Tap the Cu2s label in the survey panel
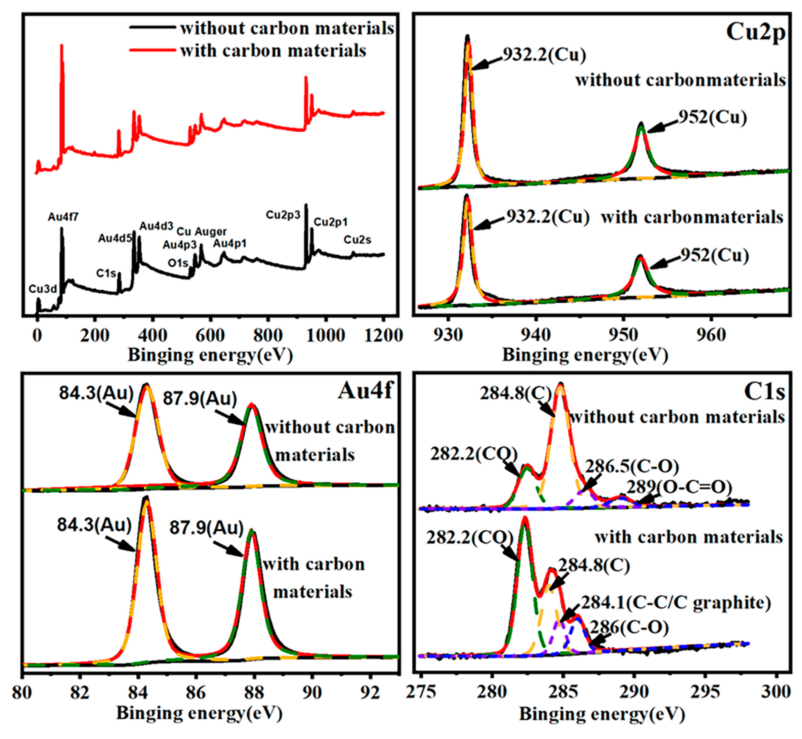pyautogui.click(x=357, y=240)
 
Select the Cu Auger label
pyautogui.click(x=201, y=231)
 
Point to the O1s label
pyautogui.click(x=178, y=263)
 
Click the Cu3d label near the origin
pyautogui.click(x=43, y=289)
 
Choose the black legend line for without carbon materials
pyautogui.click(x=152, y=28)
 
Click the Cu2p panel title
pyautogui.click(x=755, y=32)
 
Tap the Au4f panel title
pyautogui.click(x=366, y=390)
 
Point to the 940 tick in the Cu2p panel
pyautogui.click(x=535, y=335)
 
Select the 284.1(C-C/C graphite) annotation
pyautogui.click(x=676, y=603)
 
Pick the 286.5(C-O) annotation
pyautogui.click(x=632, y=466)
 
